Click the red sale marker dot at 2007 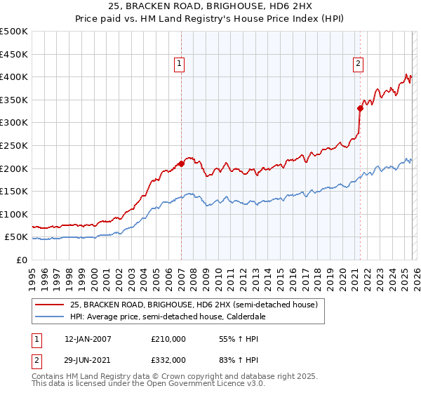click(181, 164)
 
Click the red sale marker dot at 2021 click(360, 108)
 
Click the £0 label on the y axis click(21, 260)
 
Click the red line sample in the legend click(49, 305)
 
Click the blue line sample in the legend click(49, 317)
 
